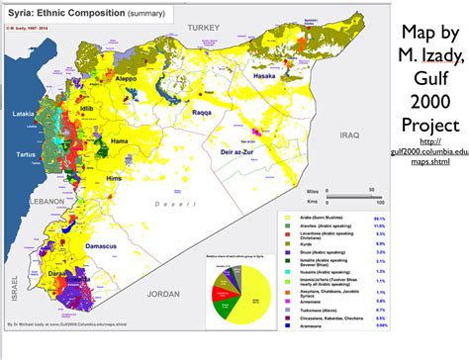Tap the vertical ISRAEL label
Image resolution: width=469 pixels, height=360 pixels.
(14, 286)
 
